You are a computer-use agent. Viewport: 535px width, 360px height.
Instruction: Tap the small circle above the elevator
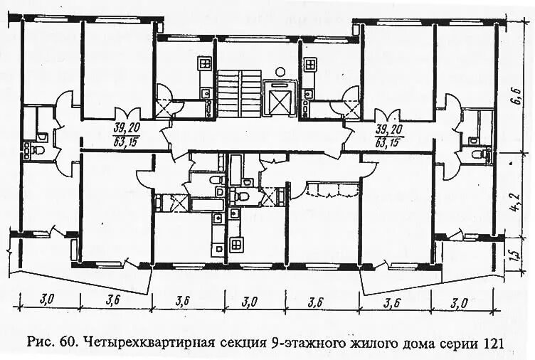click(282, 70)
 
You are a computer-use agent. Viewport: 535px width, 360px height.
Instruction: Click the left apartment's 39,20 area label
click(125, 128)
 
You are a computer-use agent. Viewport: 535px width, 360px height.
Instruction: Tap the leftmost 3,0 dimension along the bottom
click(46, 300)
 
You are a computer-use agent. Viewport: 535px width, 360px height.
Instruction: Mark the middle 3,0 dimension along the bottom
click(249, 301)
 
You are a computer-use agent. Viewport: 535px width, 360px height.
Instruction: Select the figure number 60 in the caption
click(68, 342)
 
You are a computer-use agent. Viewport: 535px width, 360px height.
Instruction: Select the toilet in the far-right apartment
click(486, 152)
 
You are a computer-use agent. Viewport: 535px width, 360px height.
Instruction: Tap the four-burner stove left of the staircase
click(205, 64)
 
